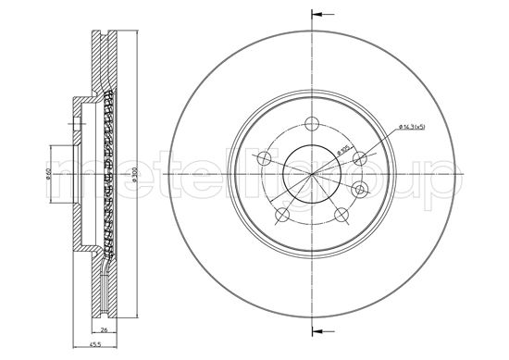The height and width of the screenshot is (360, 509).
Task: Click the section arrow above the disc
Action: click(320, 15)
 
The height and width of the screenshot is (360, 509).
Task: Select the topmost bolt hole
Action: click(312, 124)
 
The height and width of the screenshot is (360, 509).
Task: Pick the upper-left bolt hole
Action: click(266, 156)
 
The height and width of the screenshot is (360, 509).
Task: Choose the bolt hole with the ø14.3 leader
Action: click(357, 157)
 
